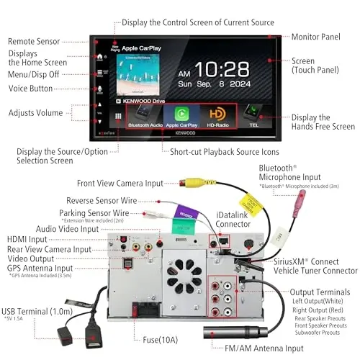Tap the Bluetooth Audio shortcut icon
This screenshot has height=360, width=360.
pyautogui.click(x=144, y=115)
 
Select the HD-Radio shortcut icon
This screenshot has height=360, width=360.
pyautogui.click(x=217, y=115)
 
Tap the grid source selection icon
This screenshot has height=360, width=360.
pyautogui.click(x=117, y=115)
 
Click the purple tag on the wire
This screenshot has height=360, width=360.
pyautogui.click(x=181, y=213)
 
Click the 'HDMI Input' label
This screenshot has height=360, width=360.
pyautogui.click(x=27, y=239)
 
